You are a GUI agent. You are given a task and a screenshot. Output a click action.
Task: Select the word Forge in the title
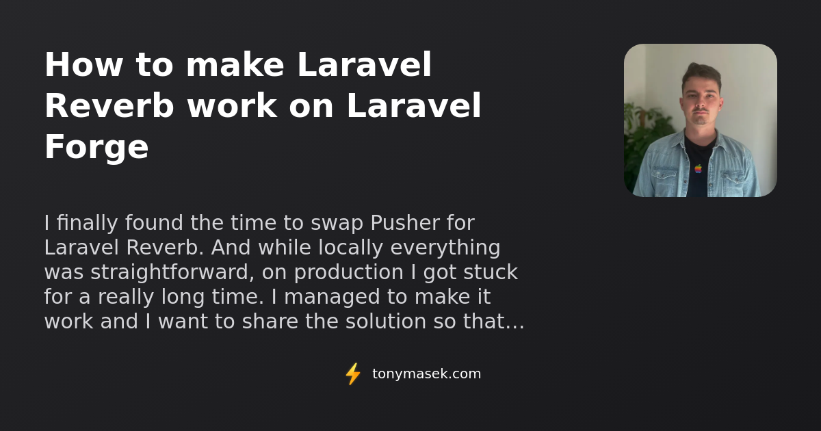tap(96, 148)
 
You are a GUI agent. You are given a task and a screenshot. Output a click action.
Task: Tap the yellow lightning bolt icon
tap(353, 374)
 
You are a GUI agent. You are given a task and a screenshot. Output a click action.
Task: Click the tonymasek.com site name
tap(426, 374)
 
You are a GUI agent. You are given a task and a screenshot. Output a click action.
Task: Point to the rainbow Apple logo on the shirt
tap(698, 168)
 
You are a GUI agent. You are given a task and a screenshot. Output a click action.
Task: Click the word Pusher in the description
tap(404, 223)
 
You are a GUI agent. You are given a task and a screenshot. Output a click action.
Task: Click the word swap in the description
tap(337, 223)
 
